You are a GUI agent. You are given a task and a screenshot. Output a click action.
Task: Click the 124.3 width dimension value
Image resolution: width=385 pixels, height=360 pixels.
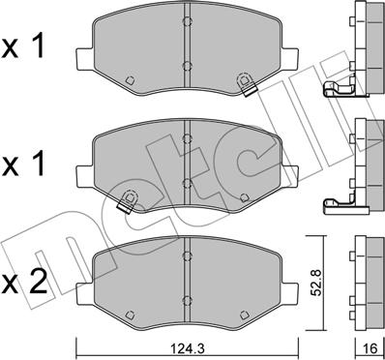coord(189,348)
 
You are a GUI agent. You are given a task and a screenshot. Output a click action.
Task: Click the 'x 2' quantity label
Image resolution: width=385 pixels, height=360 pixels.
coord(24,283)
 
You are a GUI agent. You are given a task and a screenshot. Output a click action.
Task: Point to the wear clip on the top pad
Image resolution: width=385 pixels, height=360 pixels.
coord(247,83)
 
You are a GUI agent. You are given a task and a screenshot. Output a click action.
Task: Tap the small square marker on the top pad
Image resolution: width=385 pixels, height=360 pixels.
coord(130,80)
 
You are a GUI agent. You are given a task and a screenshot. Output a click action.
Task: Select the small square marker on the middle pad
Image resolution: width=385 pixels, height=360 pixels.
coord(245,197)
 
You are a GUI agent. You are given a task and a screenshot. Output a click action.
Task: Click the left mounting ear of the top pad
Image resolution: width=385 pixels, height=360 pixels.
coord(85,60)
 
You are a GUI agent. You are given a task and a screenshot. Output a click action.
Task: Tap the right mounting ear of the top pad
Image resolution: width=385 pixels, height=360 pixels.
coord(289,60)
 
